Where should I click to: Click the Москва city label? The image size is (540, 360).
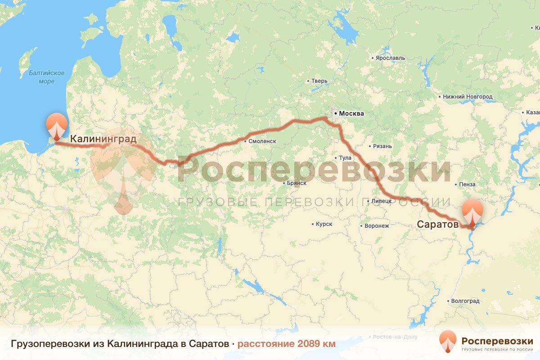351,113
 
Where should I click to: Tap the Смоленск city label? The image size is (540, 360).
261,141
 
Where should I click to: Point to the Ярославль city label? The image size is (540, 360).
390,58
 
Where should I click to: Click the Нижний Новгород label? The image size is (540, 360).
468,97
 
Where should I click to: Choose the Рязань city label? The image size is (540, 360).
382,146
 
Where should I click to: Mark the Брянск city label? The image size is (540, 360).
297,183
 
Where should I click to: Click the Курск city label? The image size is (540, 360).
324,224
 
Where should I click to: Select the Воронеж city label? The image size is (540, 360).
376,226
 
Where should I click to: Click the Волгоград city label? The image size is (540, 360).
464,301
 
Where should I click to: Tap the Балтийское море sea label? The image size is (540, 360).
46,77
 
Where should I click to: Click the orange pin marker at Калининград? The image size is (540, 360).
57,126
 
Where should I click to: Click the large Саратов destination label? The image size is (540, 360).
437,224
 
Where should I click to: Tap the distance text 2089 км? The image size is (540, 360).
287,344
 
